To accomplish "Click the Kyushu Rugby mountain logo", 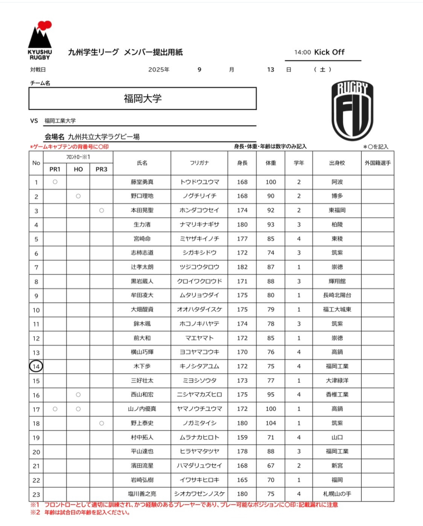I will coord(40,40).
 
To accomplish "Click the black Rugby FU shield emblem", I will coord(352,110).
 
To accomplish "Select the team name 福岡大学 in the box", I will coord(143,98).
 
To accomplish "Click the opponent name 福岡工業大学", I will coord(60,121).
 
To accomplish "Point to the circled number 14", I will coord(36,367).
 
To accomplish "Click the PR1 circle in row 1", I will coord(55,182).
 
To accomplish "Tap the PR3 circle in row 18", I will coord(102,423).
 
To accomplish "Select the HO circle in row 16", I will coord(78,395).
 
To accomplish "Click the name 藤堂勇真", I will coord(142,182).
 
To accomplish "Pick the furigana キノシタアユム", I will coord(199,366).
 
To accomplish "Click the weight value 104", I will coord(271,423).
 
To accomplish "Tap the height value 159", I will coord(242,437).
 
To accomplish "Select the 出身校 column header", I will coord(337,163).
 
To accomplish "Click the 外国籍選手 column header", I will coord(377,163).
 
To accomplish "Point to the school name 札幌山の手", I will coord(337,494).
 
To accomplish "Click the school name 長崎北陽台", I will coord(337,295).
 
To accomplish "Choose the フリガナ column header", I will coord(199,163).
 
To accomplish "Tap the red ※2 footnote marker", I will coord(35,512).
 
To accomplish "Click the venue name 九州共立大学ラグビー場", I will coord(104,137).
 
